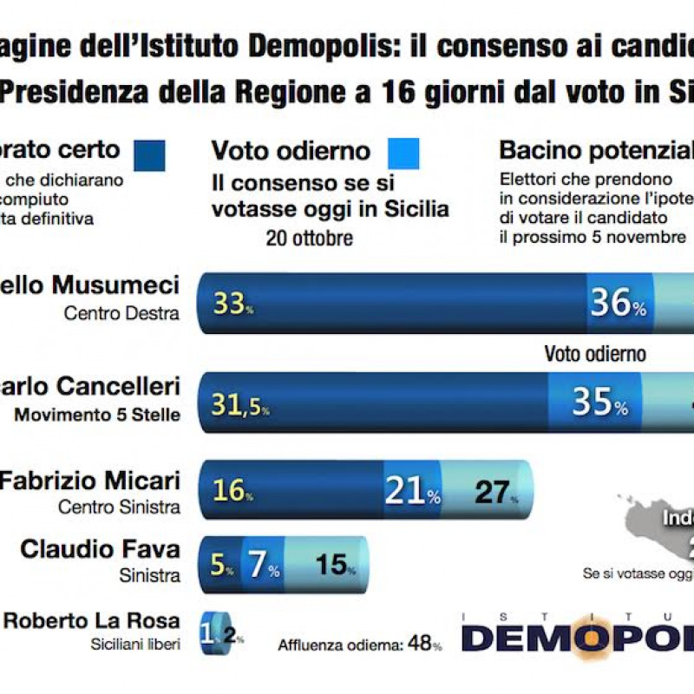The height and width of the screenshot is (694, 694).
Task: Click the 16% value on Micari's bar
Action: pos(231,491)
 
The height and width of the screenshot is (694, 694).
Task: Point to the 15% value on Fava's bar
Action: pos(332,566)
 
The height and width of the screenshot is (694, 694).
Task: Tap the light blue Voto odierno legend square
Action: pos(403,154)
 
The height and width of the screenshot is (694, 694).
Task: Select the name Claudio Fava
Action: pos(100,549)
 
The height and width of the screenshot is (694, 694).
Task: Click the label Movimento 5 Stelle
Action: pos(96,415)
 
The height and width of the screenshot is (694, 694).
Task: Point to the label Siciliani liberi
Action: pos(135,643)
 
